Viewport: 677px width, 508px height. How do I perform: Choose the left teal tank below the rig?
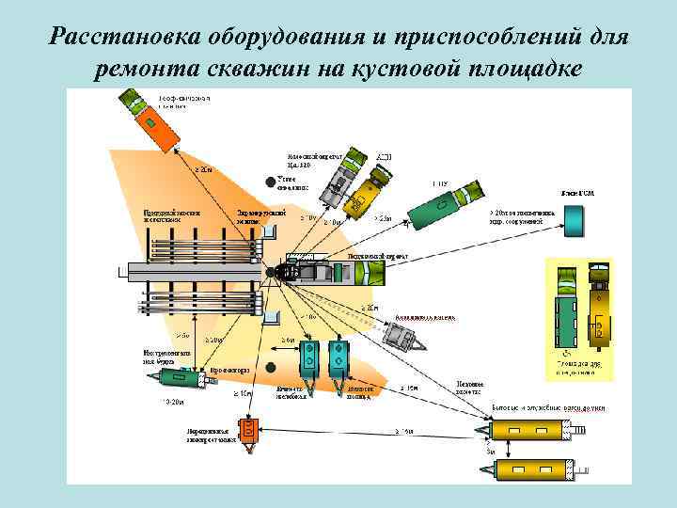(307, 358)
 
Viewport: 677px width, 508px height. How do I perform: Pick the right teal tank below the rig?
(338, 358)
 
